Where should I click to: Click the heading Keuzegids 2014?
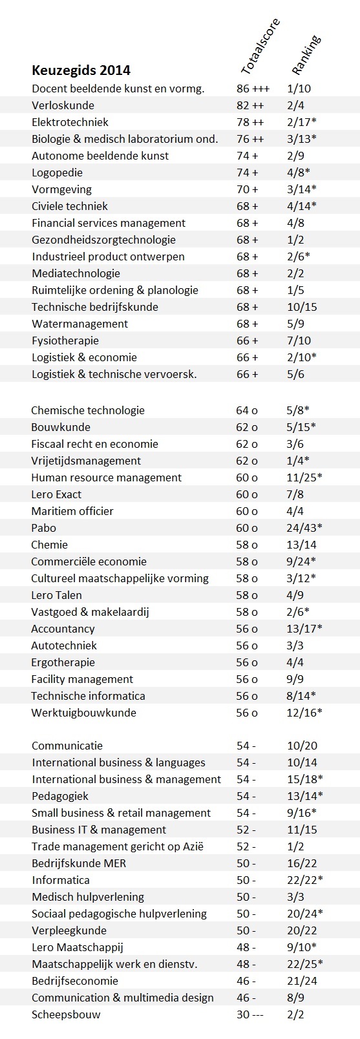(81, 70)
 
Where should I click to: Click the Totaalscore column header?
(260, 47)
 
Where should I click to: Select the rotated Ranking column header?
(306, 55)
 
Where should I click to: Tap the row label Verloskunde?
(63, 105)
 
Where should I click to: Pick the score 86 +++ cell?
(253, 89)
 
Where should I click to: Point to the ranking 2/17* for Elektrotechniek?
(302, 122)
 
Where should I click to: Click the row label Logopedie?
(57, 173)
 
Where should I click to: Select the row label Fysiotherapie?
(65, 341)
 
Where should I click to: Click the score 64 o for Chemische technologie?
(247, 410)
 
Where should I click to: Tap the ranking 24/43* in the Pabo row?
(304, 528)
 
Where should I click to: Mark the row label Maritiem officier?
(72, 511)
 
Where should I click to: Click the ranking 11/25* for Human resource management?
(304, 478)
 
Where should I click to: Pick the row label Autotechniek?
(64, 645)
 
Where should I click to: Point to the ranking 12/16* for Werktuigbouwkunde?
(304, 713)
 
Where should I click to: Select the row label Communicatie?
(67, 746)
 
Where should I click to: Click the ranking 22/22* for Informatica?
(305, 880)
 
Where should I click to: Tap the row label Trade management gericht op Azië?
(118, 846)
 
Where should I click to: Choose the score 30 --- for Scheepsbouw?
(249, 1014)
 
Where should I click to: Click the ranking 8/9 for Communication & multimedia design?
(295, 997)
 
